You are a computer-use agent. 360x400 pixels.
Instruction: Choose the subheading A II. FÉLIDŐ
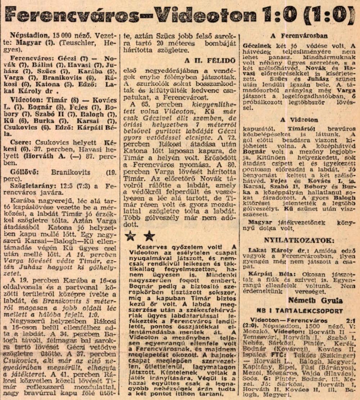click(210, 60)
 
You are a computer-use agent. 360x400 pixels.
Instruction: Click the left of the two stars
click(130, 236)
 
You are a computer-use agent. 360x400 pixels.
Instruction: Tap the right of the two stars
click(149, 236)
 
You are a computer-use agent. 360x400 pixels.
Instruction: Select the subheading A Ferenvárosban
click(299, 36)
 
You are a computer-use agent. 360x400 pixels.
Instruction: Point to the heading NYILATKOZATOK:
click(298, 240)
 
